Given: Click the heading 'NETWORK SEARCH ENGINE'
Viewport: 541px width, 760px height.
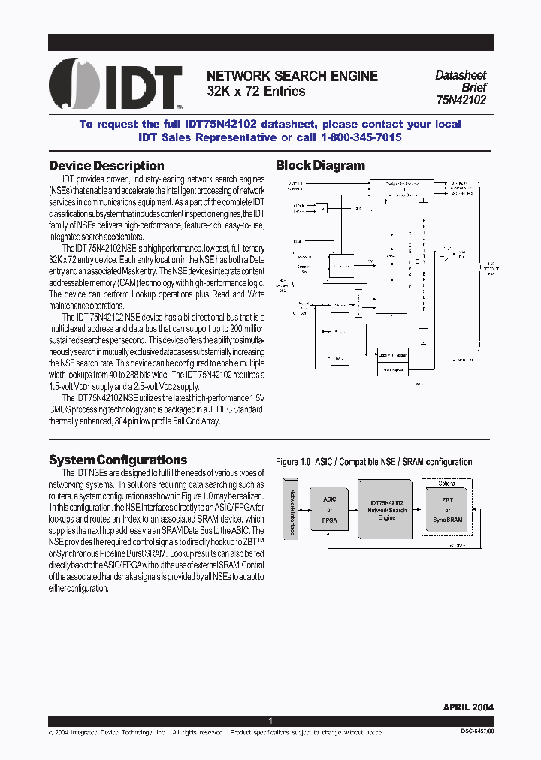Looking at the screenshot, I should [x=292, y=76].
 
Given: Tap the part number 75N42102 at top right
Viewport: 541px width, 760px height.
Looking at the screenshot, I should [x=461, y=99].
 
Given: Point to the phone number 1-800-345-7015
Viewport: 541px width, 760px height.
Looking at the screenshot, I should [x=361, y=137].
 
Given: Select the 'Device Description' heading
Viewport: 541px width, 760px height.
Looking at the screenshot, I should [x=106, y=166].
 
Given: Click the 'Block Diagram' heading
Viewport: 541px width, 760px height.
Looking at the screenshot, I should [x=320, y=166].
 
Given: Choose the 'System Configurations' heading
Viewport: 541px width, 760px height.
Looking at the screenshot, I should [x=118, y=460].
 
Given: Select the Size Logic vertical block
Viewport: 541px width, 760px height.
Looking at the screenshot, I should [x=410, y=263].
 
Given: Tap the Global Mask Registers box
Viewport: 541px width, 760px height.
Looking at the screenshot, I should [x=393, y=355].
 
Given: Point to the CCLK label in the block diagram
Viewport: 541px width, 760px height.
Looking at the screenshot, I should [x=355, y=208].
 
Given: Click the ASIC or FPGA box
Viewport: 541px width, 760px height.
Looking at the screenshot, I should [x=329, y=508].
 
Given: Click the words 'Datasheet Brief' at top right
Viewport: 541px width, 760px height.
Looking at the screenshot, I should [x=461, y=81].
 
